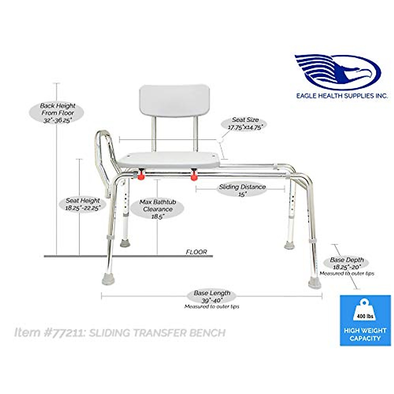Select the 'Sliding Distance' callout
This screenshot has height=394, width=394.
[x=242, y=190]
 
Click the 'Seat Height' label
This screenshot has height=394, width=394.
[x=82, y=204]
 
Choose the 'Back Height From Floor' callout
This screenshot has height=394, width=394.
[x=57, y=113]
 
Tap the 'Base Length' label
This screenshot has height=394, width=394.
[x=212, y=296]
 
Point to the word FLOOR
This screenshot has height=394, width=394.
[x=196, y=252]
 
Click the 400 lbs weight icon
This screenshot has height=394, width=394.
[x=364, y=311]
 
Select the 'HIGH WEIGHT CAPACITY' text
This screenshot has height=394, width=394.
[x=365, y=334]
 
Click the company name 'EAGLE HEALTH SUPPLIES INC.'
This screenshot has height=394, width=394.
[x=342, y=96]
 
